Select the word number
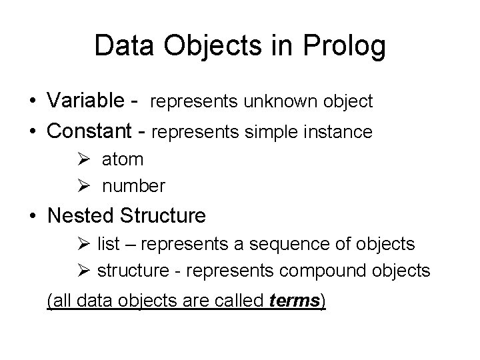click(x=133, y=186)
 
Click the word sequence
click(x=295, y=245)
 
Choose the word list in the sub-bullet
click(x=108, y=245)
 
